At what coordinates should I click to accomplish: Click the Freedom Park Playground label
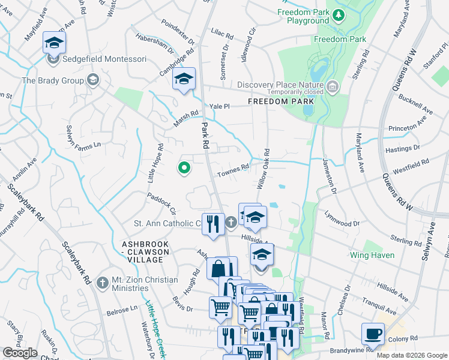(x=303, y=16)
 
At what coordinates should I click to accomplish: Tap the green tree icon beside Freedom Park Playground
(x=339, y=14)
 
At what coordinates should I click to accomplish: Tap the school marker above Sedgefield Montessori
(x=54, y=43)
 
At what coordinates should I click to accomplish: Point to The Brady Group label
(x=53, y=80)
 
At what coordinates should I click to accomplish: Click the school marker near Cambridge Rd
(x=184, y=79)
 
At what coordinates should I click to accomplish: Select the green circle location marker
(x=184, y=169)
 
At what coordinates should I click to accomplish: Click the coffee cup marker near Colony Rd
(x=373, y=333)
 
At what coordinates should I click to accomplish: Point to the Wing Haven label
(x=372, y=255)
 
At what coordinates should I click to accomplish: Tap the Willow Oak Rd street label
(x=264, y=170)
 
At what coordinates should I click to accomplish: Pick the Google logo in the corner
(x=20, y=353)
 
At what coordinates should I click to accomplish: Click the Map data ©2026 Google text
(x=411, y=355)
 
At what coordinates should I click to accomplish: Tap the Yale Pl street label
(x=219, y=106)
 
